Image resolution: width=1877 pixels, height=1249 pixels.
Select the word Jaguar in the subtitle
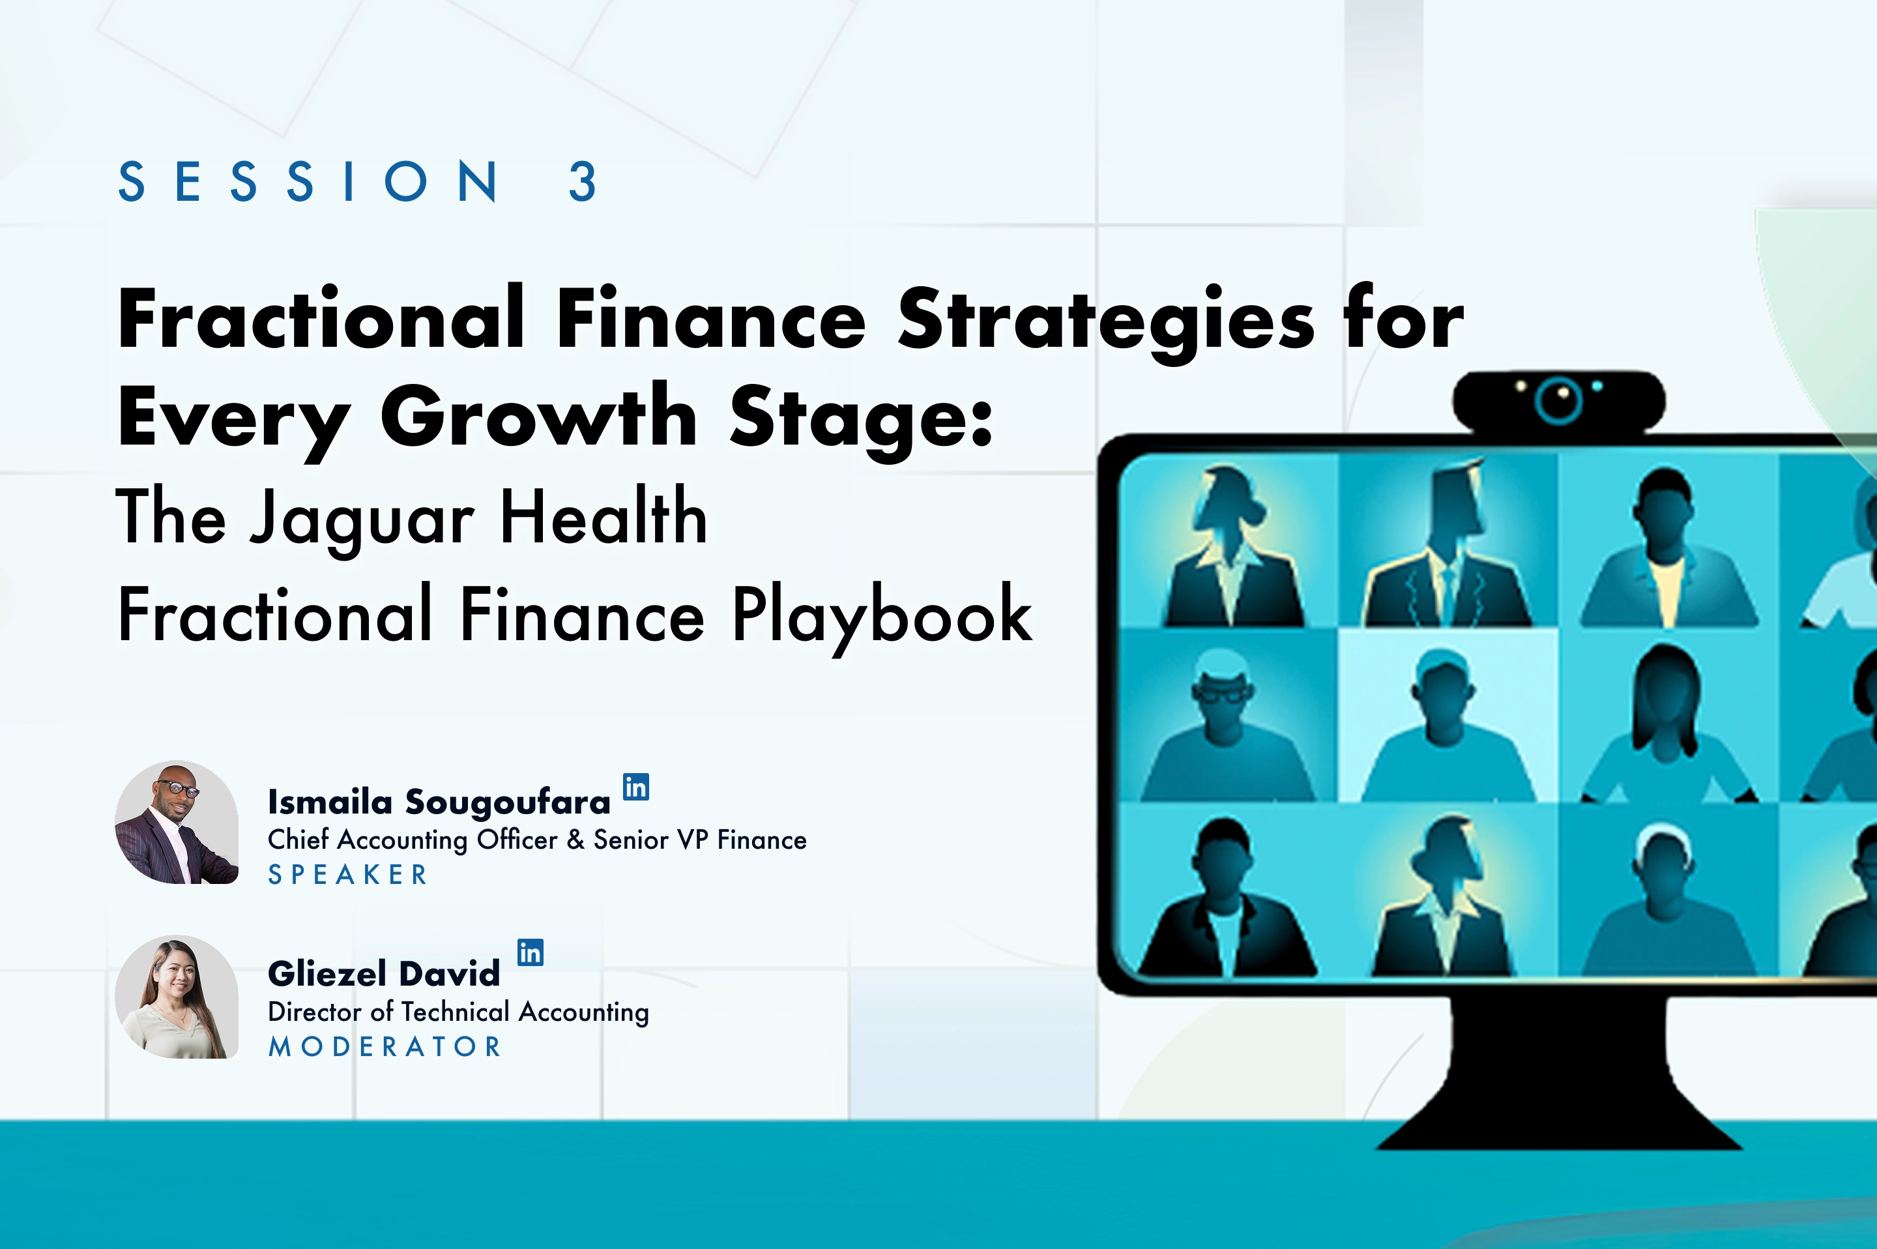(x=362, y=520)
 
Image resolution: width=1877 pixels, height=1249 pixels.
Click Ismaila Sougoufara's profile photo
(x=177, y=822)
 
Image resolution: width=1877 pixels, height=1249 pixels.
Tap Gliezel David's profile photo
(x=177, y=997)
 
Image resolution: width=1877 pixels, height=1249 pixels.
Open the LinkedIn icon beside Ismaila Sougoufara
(x=635, y=787)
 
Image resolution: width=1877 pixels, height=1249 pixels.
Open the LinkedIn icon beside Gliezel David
(x=531, y=952)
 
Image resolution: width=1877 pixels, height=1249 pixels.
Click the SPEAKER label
(x=348, y=875)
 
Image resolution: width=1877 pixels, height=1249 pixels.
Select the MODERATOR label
(x=385, y=1047)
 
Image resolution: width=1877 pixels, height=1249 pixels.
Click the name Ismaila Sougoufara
(x=439, y=802)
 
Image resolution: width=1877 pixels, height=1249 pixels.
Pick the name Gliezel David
(x=384, y=973)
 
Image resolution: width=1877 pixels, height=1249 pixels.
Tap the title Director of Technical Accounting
(x=459, y=1012)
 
